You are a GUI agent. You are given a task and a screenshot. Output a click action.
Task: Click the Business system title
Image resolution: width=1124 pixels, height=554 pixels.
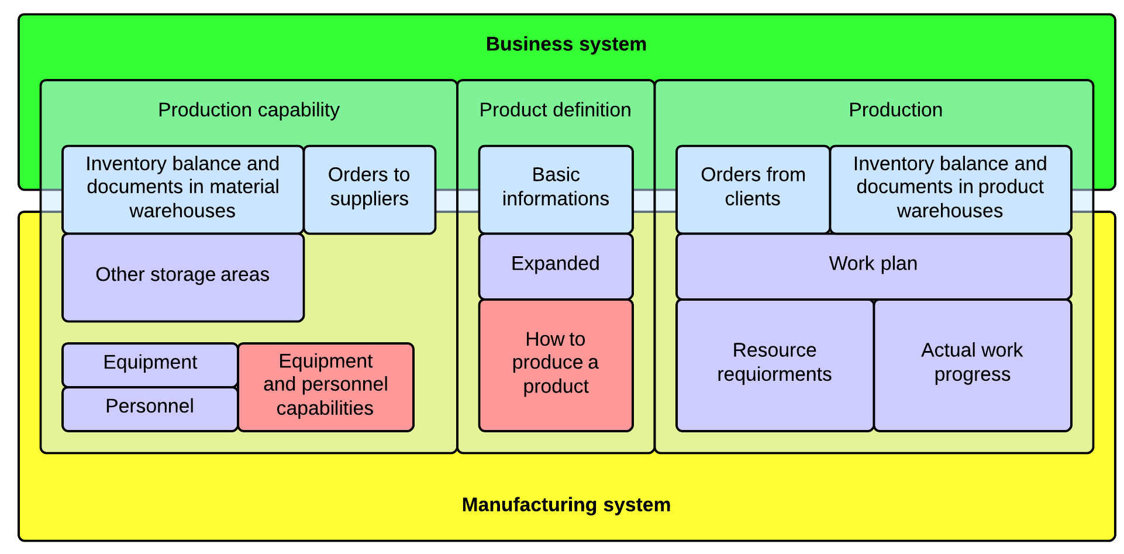coord(566,44)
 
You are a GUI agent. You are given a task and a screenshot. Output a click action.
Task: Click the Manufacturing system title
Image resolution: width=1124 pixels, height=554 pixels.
coord(566,504)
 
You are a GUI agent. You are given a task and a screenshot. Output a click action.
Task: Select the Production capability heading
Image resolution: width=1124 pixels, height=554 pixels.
coord(249,110)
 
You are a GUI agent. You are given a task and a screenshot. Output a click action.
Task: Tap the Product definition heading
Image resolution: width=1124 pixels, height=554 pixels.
coord(555,110)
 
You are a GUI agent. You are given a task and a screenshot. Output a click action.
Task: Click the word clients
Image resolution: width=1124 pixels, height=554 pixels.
coord(753,199)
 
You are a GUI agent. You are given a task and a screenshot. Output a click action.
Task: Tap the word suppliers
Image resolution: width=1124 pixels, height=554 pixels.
coord(369,199)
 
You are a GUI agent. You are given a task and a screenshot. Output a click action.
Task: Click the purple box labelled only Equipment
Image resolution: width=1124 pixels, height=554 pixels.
coord(150,363)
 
